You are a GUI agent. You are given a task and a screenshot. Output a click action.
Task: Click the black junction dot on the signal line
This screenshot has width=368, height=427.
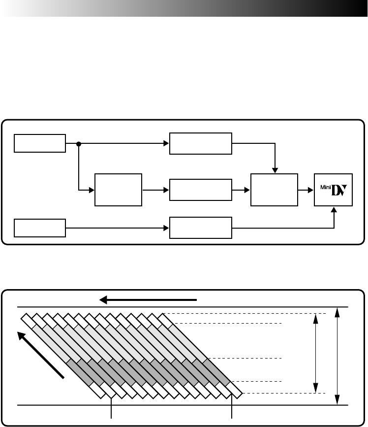coord(79,144)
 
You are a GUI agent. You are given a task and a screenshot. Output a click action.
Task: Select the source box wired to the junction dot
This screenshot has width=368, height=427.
coord(40,143)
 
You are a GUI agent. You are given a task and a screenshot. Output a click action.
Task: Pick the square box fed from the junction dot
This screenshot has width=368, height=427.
coord(118,190)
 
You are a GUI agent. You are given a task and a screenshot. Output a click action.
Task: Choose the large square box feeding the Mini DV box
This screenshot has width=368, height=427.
coord(274,190)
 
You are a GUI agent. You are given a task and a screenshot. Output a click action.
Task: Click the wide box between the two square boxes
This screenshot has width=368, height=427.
coord(200,190)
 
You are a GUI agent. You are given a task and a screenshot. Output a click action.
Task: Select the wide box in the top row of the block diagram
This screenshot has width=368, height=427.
coord(200,143)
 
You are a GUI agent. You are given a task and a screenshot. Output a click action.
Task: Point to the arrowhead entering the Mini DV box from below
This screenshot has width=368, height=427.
coord(335,210)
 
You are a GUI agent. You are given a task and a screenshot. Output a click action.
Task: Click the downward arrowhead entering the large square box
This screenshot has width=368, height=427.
coord(275,170)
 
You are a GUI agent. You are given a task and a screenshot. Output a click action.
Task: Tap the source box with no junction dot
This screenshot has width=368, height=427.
coord(40,228)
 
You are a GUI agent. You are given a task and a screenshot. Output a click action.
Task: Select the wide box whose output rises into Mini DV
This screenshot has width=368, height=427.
coord(200,228)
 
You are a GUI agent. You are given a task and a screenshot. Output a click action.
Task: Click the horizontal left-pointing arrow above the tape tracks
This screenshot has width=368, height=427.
coord(148,299)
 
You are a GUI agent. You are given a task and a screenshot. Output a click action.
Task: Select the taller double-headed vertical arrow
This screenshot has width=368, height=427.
coord(337,356)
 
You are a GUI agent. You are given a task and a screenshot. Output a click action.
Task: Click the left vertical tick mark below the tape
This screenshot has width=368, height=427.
coord(113,409)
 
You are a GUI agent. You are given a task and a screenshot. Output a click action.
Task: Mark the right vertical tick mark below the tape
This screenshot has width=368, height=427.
coord(232,409)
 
